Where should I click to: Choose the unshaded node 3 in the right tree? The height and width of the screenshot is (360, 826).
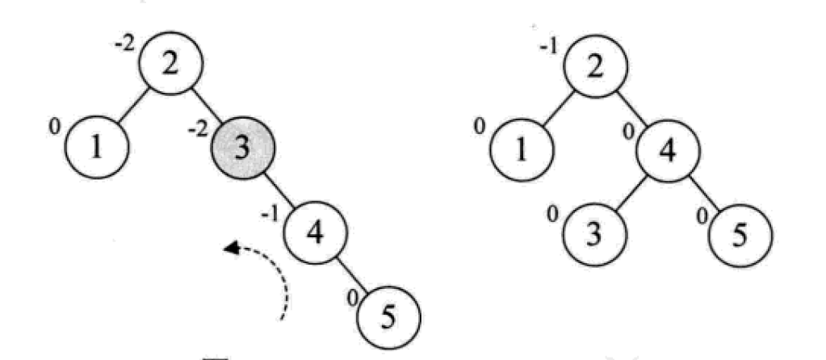tap(594, 234)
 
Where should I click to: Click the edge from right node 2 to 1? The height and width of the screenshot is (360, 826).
tap(557, 109)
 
